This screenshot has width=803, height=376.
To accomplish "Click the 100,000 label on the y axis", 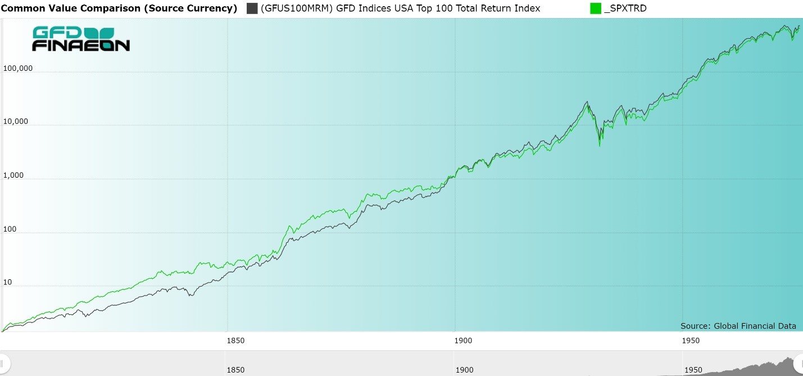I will tap(18, 69).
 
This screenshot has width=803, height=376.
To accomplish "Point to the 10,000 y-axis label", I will tap(16, 122).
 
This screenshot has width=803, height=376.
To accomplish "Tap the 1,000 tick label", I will tap(14, 175).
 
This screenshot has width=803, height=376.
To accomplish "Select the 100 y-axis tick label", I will tap(11, 229).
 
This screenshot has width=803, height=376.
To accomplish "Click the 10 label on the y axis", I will tap(8, 282).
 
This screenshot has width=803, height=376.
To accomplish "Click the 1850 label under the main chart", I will tap(235, 340).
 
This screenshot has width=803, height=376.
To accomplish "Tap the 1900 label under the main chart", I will tap(463, 340).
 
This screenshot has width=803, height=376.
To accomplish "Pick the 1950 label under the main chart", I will tap(691, 340).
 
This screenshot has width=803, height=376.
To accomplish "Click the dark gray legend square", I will tap(252, 8).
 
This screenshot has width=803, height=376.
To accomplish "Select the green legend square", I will tap(596, 8).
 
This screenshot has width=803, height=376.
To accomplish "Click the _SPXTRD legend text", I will tap(624, 8).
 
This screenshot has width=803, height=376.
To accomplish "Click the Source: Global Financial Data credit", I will tap(738, 326).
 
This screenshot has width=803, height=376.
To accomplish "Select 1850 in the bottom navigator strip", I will tap(235, 370).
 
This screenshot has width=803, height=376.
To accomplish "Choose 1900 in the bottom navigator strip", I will tap(464, 370).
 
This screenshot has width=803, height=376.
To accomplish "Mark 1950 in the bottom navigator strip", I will tap(693, 370).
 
